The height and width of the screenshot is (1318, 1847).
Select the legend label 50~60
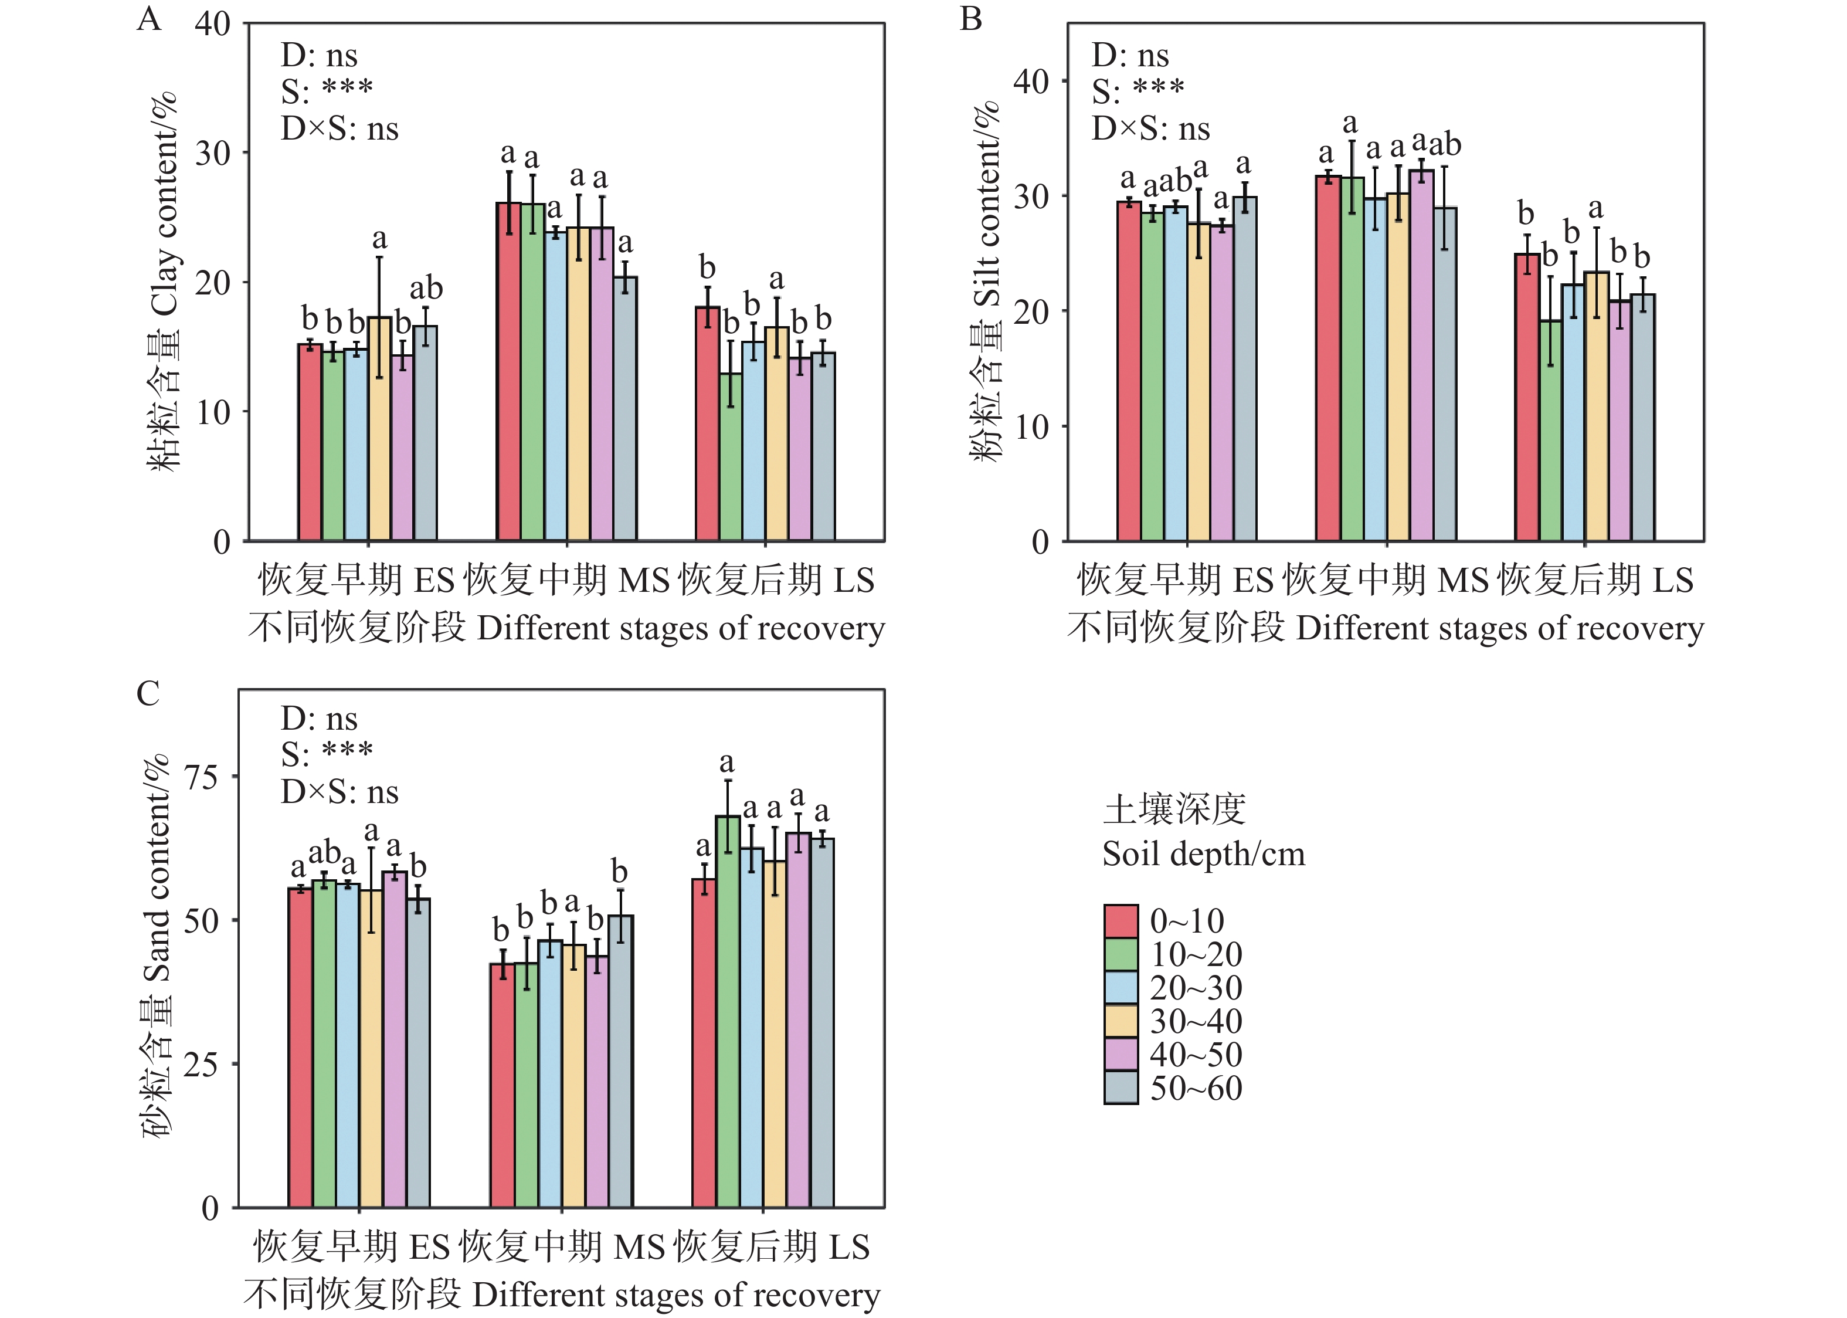coord(1196,1088)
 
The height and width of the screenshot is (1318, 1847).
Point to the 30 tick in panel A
coord(212,153)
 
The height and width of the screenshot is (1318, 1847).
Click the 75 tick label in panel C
coord(201,777)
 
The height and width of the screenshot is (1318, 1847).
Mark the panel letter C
coord(148,694)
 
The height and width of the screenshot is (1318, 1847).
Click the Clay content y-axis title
coord(163,280)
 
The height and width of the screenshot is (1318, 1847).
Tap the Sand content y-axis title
coord(157,946)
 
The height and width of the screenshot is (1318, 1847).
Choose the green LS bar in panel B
coord(1550,430)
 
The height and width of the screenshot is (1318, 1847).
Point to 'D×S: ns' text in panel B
coord(1150,128)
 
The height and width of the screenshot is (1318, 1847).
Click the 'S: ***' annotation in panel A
coord(327,91)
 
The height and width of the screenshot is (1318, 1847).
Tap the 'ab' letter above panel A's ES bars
coord(426,288)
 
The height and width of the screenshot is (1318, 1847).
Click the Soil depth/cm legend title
coord(1203,855)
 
